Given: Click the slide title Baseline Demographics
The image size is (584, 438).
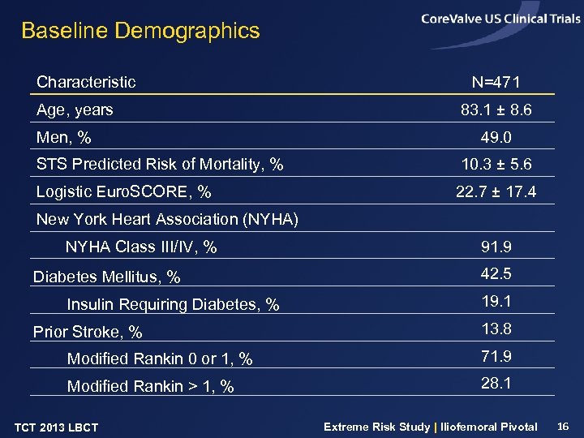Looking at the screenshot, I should [140, 32].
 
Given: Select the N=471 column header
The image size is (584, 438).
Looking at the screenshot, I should [496, 83].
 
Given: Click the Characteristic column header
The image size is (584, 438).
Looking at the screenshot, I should [86, 82].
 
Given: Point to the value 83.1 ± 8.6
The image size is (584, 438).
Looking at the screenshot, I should [496, 109].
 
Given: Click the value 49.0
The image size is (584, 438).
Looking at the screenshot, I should [496, 137].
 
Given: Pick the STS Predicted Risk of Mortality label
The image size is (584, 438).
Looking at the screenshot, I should [160, 165].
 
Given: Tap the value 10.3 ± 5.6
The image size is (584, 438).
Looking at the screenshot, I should [496, 165].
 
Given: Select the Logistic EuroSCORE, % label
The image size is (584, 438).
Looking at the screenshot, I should [124, 192].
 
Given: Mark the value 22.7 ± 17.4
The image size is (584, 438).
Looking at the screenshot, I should [496, 192].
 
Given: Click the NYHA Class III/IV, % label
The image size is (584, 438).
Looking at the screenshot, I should [141, 247].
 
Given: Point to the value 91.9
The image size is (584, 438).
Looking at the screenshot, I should [496, 247].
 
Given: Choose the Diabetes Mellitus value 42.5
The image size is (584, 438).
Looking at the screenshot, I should [496, 274].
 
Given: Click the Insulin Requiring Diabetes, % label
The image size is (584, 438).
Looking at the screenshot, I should [173, 305].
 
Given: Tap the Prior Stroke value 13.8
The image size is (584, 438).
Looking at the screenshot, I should [496, 328].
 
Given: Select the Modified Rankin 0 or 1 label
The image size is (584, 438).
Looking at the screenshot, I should [160, 359].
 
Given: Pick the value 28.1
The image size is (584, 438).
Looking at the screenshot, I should [496, 383].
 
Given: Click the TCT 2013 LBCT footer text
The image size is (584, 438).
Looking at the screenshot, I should [57, 427].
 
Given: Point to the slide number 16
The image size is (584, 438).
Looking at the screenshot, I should [564, 426].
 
